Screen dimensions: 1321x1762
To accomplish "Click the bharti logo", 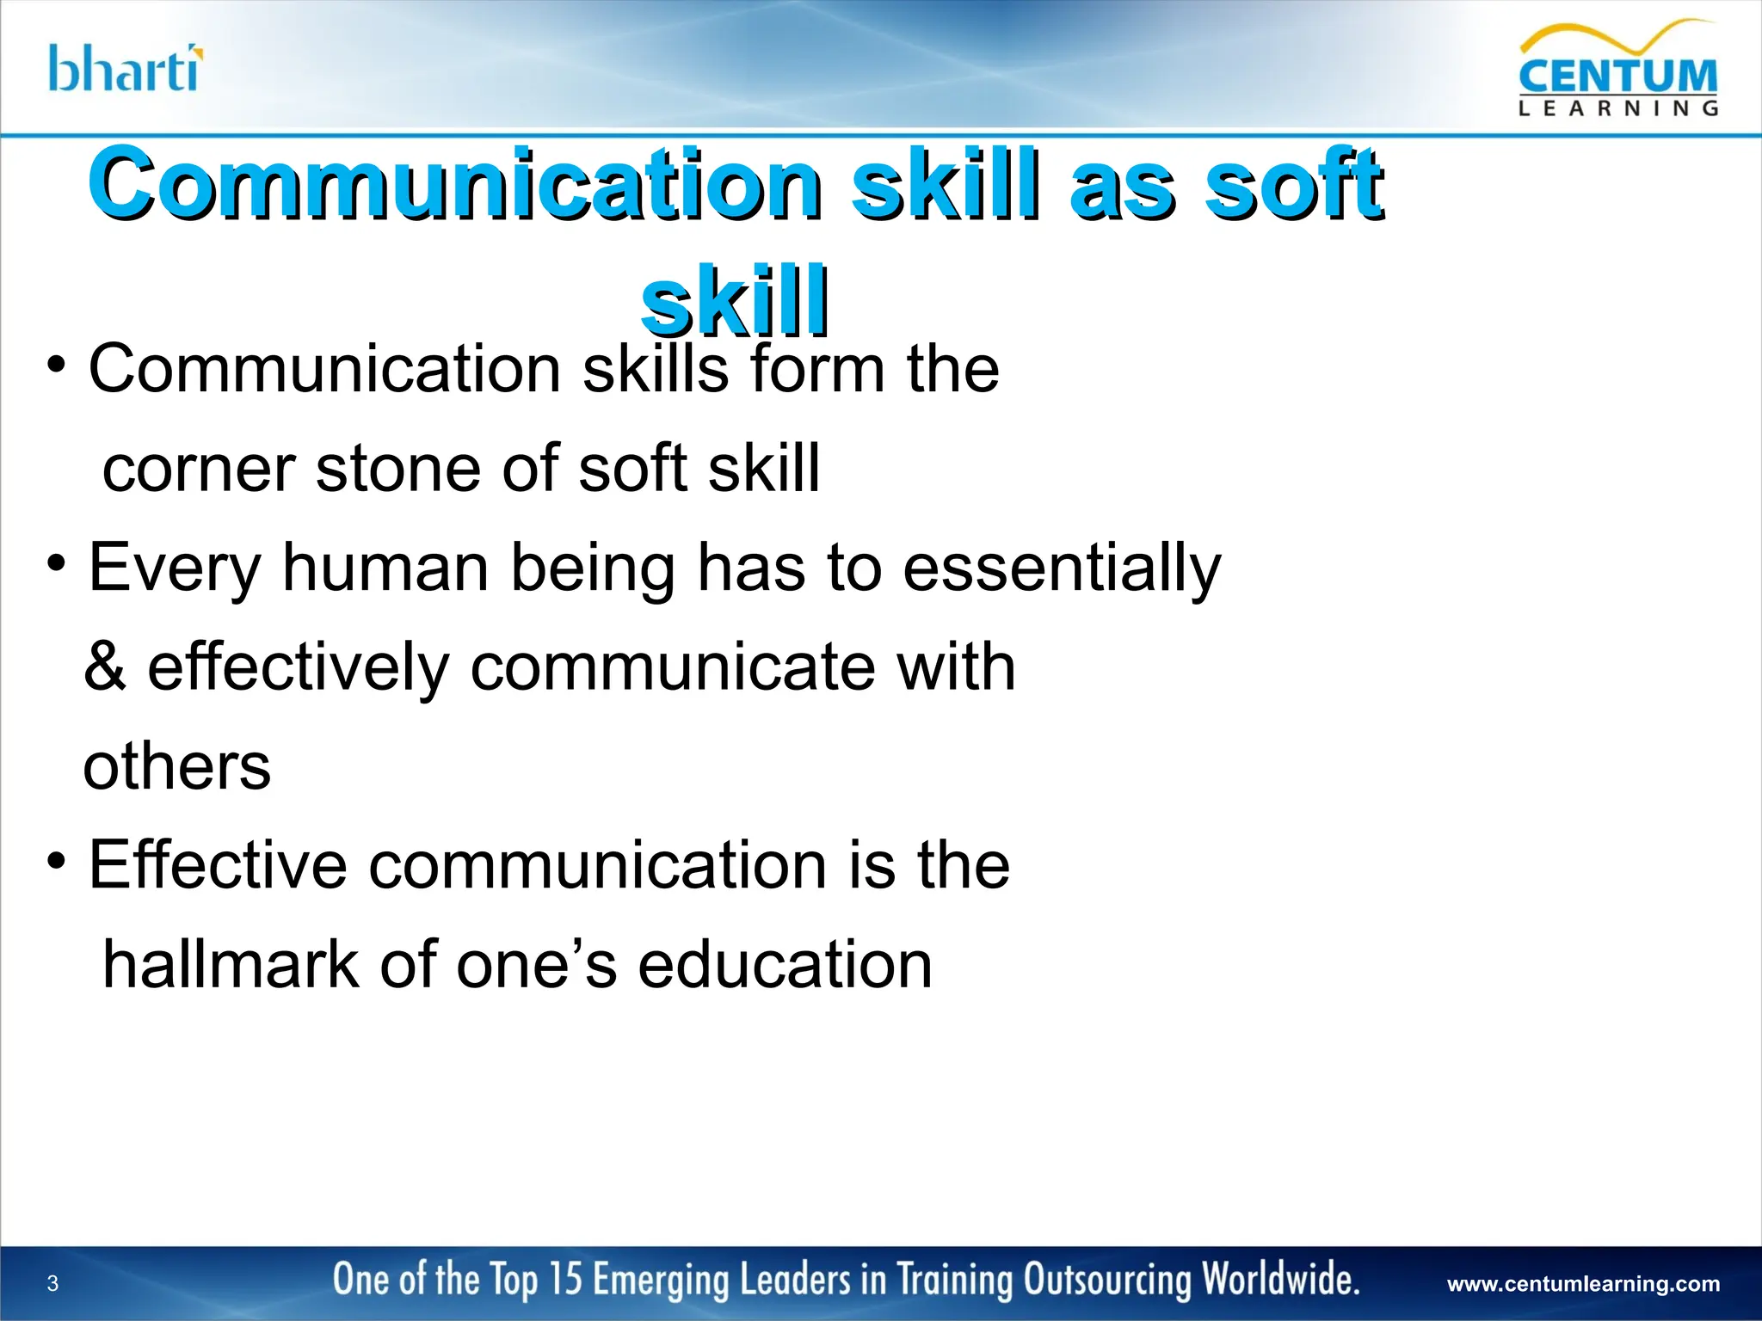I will (x=126, y=69).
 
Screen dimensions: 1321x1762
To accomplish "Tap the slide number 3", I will (x=52, y=1284).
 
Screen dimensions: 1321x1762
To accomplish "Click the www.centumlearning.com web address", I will (x=1584, y=1284).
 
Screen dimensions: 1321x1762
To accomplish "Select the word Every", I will (x=175, y=568).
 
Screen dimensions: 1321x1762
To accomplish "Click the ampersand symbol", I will (x=105, y=667).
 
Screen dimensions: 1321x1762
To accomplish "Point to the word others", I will (x=177, y=766).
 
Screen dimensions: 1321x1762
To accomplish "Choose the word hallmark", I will (x=230, y=965).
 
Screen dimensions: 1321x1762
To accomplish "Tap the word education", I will (x=785, y=965).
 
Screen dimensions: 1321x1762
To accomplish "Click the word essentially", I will (x=1062, y=568).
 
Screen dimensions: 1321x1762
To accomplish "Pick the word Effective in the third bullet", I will (x=218, y=865).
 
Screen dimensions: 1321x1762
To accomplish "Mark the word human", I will (x=385, y=568).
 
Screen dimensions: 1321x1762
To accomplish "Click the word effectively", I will (x=298, y=668).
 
